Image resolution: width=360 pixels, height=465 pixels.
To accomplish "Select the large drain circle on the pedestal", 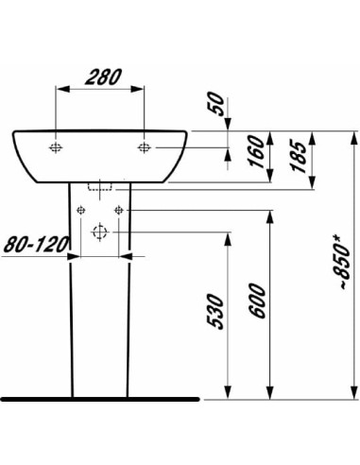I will click(x=100, y=232).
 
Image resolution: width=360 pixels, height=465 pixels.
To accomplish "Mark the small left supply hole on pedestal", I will click(x=82, y=208).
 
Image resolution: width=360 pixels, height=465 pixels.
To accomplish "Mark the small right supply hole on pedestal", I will click(x=118, y=208).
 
